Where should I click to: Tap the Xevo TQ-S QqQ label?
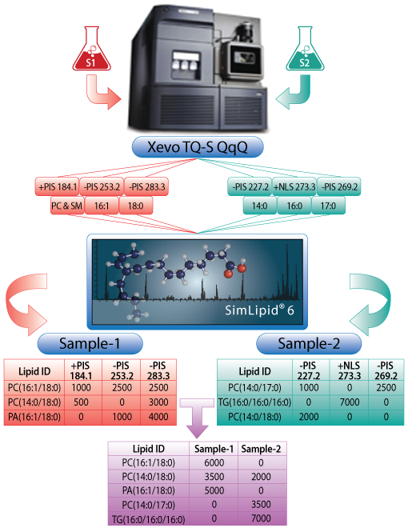(198, 147)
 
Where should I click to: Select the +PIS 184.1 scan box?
(58, 186)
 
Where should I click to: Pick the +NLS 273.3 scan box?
(294, 186)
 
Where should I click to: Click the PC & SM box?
(66, 206)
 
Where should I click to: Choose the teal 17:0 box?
(329, 206)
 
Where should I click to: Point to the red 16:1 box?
(102, 206)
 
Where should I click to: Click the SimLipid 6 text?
(259, 310)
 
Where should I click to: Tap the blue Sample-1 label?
(90, 343)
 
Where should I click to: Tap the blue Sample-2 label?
(309, 343)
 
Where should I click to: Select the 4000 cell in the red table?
(158, 417)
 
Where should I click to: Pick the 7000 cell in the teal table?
(350, 402)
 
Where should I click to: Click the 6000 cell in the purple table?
(214, 462)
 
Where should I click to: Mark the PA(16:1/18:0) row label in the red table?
(34, 417)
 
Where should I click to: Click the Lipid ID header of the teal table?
(254, 371)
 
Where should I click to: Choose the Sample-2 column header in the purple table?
(262, 449)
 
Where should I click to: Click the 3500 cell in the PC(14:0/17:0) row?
(262, 505)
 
